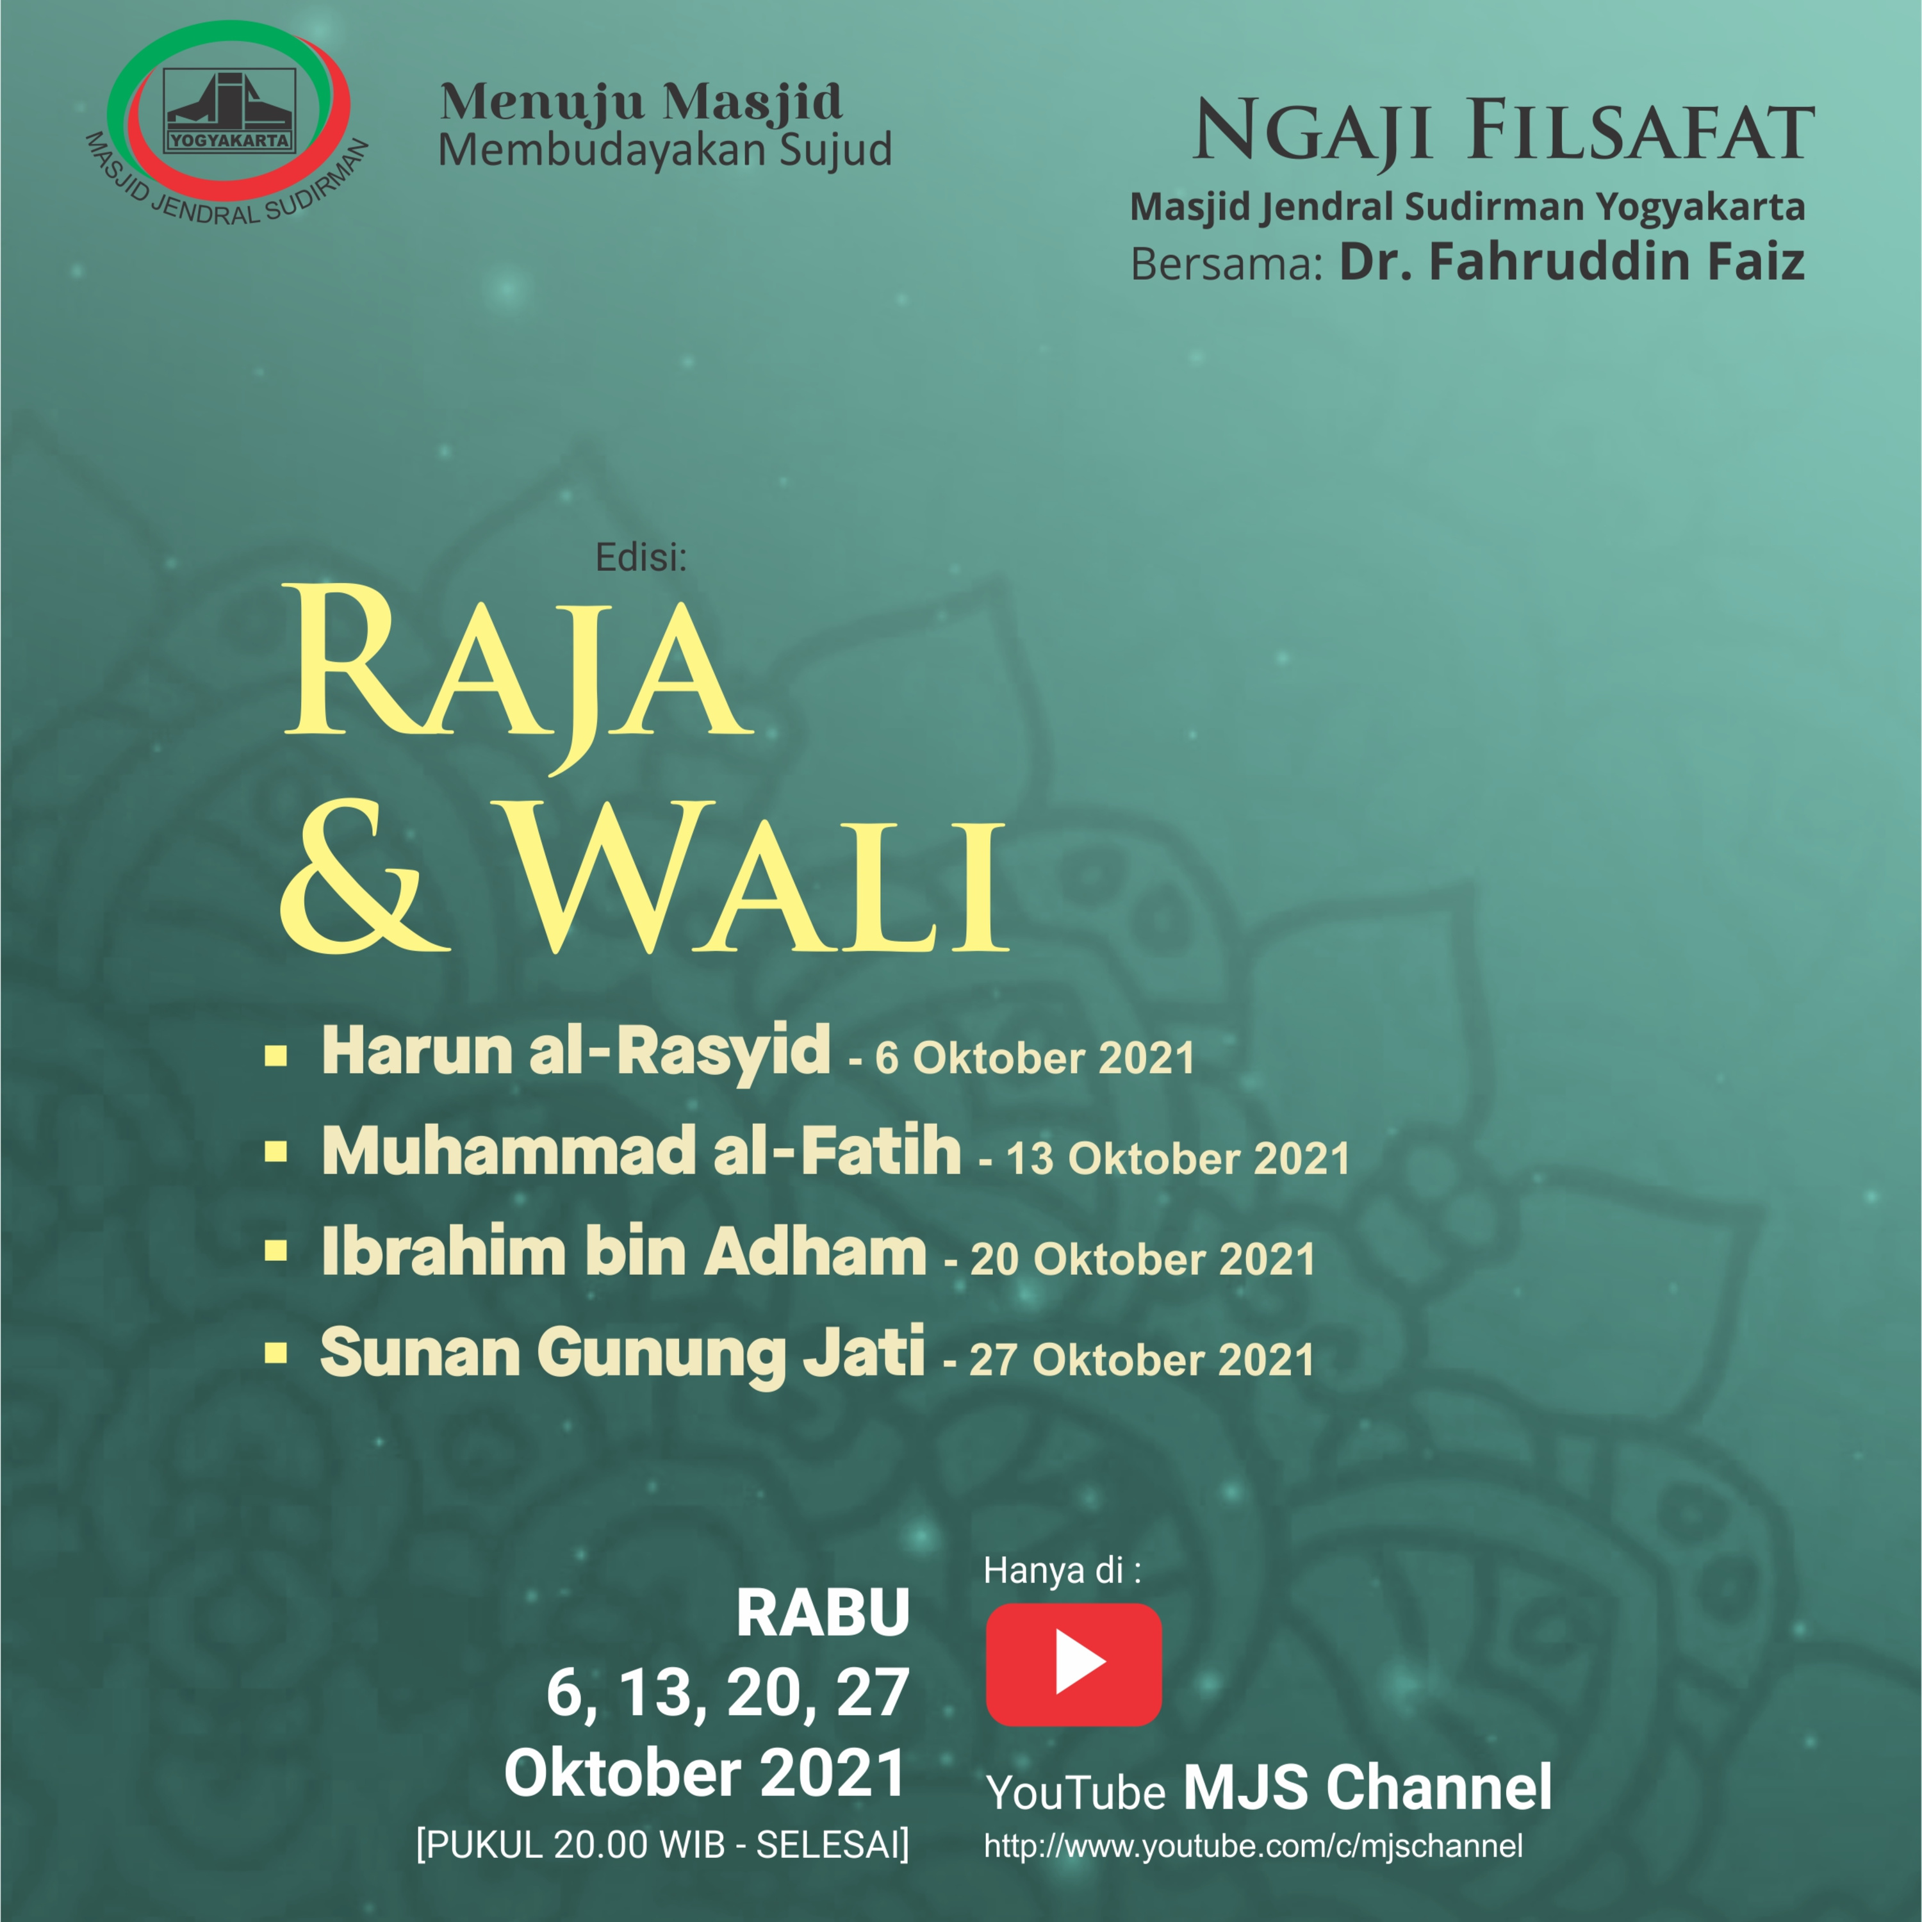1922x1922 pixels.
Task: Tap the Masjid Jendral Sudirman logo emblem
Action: (229, 121)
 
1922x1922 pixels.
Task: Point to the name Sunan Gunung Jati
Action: (623, 1355)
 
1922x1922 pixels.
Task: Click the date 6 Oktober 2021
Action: (1035, 1058)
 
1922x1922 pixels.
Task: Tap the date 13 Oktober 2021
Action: (1178, 1159)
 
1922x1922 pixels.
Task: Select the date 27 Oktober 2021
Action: (1142, 1360)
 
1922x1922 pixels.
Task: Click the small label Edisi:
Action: (641, 557)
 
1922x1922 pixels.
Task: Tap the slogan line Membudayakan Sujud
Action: (664, 149)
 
